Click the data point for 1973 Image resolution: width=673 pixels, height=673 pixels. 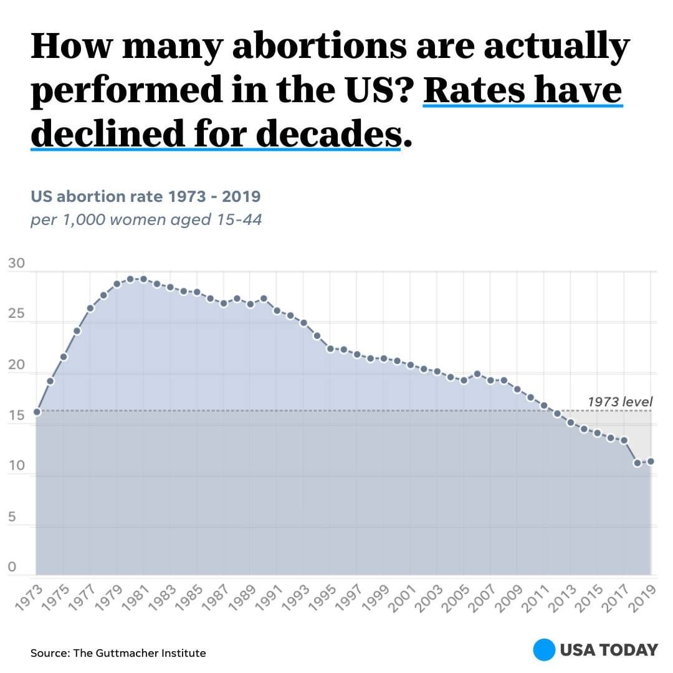tap(37, 412)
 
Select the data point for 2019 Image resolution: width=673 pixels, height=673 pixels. tap(651, 461)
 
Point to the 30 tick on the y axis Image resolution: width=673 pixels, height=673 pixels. tap(17, 264)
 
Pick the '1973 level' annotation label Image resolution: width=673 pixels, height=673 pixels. tap(619, 402)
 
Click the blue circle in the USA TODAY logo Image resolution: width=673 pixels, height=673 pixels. tap(544, 650)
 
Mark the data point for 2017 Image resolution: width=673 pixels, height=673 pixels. tap(624, 441)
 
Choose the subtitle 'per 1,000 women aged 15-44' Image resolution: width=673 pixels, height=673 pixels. tap(146, 220)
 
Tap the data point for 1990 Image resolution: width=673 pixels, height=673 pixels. tap(264, 298)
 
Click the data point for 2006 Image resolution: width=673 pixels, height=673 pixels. tap(477, 374)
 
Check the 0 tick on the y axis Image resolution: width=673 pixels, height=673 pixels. tap(12, 568)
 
